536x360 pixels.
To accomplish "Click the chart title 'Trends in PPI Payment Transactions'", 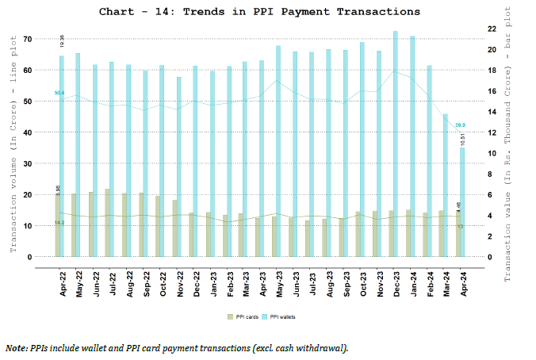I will (259, 12).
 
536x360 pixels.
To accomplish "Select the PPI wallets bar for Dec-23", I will (395, 143).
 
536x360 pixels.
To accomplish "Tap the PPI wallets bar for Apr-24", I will (462, 202).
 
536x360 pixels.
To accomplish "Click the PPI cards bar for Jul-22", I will (107, 223).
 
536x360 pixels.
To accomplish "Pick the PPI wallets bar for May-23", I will (278, 151).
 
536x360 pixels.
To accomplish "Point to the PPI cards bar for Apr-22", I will (57, 225).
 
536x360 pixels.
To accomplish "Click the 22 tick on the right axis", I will (491, 29).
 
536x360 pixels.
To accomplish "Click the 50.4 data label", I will (59, 94).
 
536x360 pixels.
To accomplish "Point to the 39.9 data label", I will (460, 124).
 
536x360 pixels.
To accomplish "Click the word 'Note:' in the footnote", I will (16, 347).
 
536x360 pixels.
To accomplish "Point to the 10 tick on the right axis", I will (491, 153).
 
